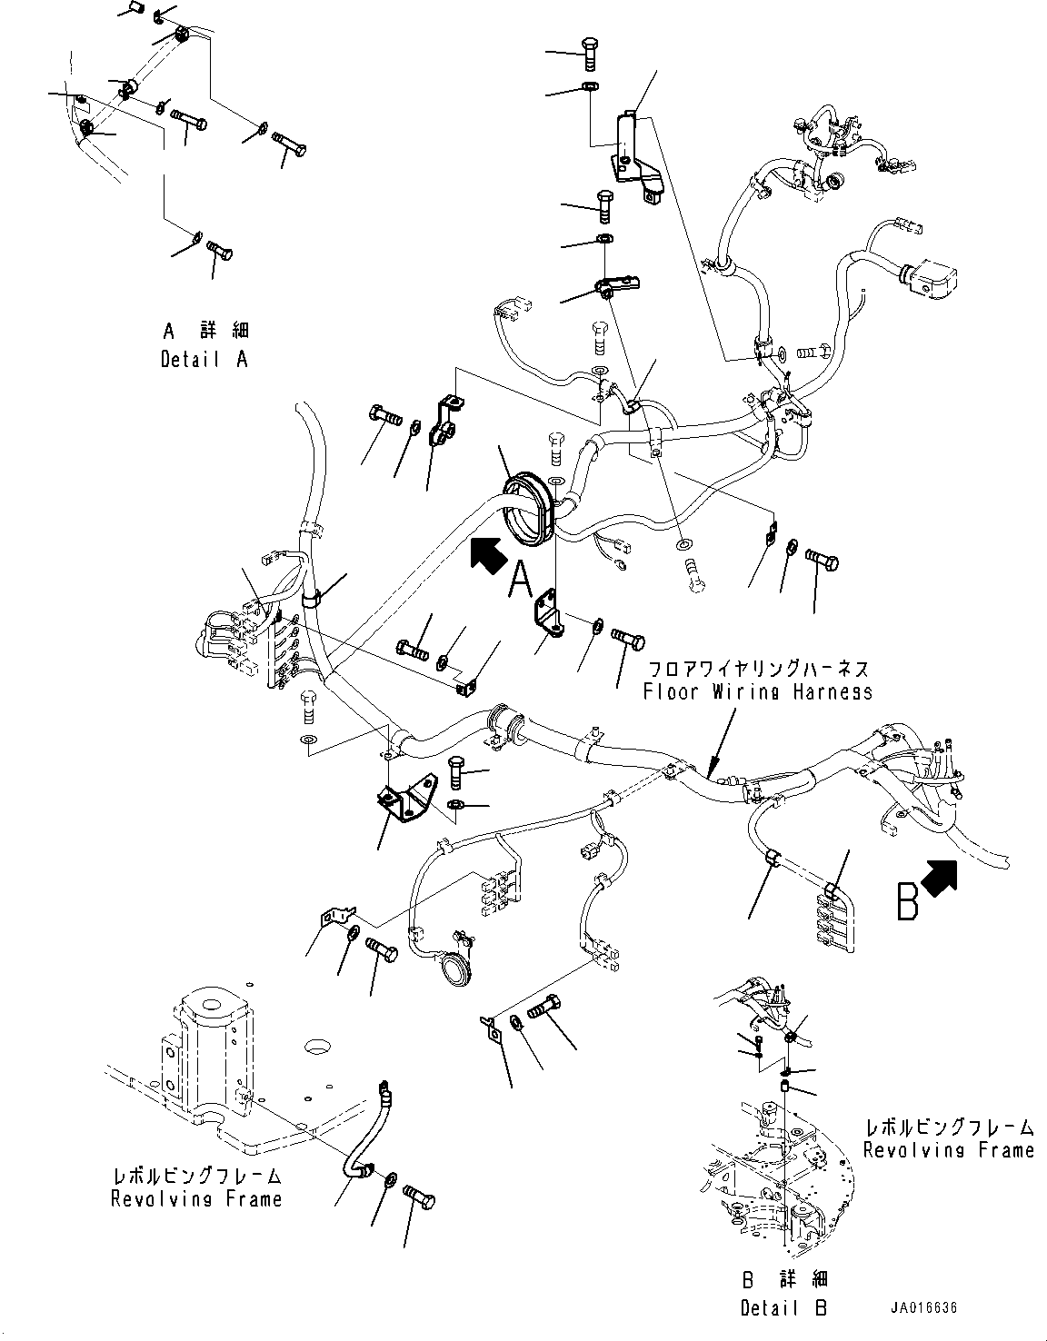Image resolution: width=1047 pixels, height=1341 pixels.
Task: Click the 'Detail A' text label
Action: point(204,360)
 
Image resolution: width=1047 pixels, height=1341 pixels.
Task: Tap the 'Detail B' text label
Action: point(783,1307)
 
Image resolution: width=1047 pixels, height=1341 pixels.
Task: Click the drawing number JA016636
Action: point(923,1308)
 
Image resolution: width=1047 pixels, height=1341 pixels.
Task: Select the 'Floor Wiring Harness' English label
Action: point(757,691)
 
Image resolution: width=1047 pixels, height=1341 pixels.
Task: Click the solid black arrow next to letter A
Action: point(486,554)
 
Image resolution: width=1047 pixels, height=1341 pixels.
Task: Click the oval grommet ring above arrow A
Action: point(526,509)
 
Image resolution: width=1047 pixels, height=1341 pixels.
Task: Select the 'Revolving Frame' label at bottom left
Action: point(196,1199)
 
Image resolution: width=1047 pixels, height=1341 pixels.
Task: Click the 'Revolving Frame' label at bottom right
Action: point(948,1150)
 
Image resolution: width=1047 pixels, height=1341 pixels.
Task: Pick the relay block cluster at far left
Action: point(238,641)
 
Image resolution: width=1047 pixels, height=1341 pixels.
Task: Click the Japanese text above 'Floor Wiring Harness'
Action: point(757,670)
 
